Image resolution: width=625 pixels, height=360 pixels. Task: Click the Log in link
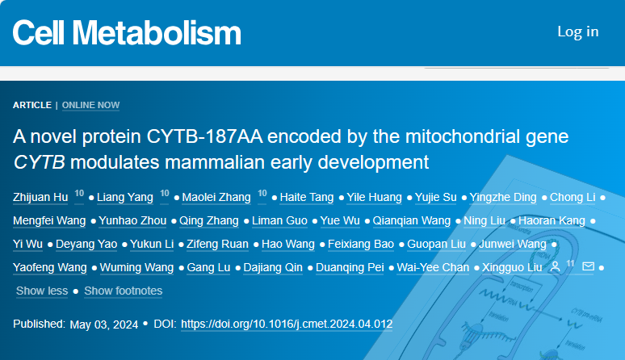(x=578, y=31)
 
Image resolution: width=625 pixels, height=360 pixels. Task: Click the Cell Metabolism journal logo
(x=127, y=32)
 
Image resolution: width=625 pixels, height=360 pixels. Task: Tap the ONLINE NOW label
(x=91, y=105)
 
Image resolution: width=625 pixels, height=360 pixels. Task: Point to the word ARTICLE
(x=32, y=105)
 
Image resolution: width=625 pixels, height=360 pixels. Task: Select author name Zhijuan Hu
(x=40, y=197)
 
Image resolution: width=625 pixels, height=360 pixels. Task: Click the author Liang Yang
(x=125, y=197)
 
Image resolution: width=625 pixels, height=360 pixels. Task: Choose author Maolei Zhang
(x=216, y=197)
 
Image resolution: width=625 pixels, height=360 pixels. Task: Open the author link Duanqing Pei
(x=350, y=267)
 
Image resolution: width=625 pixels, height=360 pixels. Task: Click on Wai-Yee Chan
(x=433, y=267)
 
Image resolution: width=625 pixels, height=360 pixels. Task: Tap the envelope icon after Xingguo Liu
(x=589, y=266)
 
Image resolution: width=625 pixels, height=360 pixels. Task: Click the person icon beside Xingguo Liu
(x=555, y=267)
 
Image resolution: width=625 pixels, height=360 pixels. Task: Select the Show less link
(x=42, y=291)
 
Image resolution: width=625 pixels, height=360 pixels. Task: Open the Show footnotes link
(x=124, y=291)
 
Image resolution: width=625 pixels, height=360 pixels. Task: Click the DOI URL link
(x=287, y=324)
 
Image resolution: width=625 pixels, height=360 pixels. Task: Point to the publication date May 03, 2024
(x=104, y=324)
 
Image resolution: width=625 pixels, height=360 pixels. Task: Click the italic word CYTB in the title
(x=39, y=162)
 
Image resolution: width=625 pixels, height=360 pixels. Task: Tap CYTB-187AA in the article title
(x=204, y=136)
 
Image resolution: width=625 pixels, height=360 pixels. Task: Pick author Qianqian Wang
(x=411, y=220)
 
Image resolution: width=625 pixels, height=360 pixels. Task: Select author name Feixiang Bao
(x=361, y=244)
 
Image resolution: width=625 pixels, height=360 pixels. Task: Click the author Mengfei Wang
(x=49, y=220)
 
